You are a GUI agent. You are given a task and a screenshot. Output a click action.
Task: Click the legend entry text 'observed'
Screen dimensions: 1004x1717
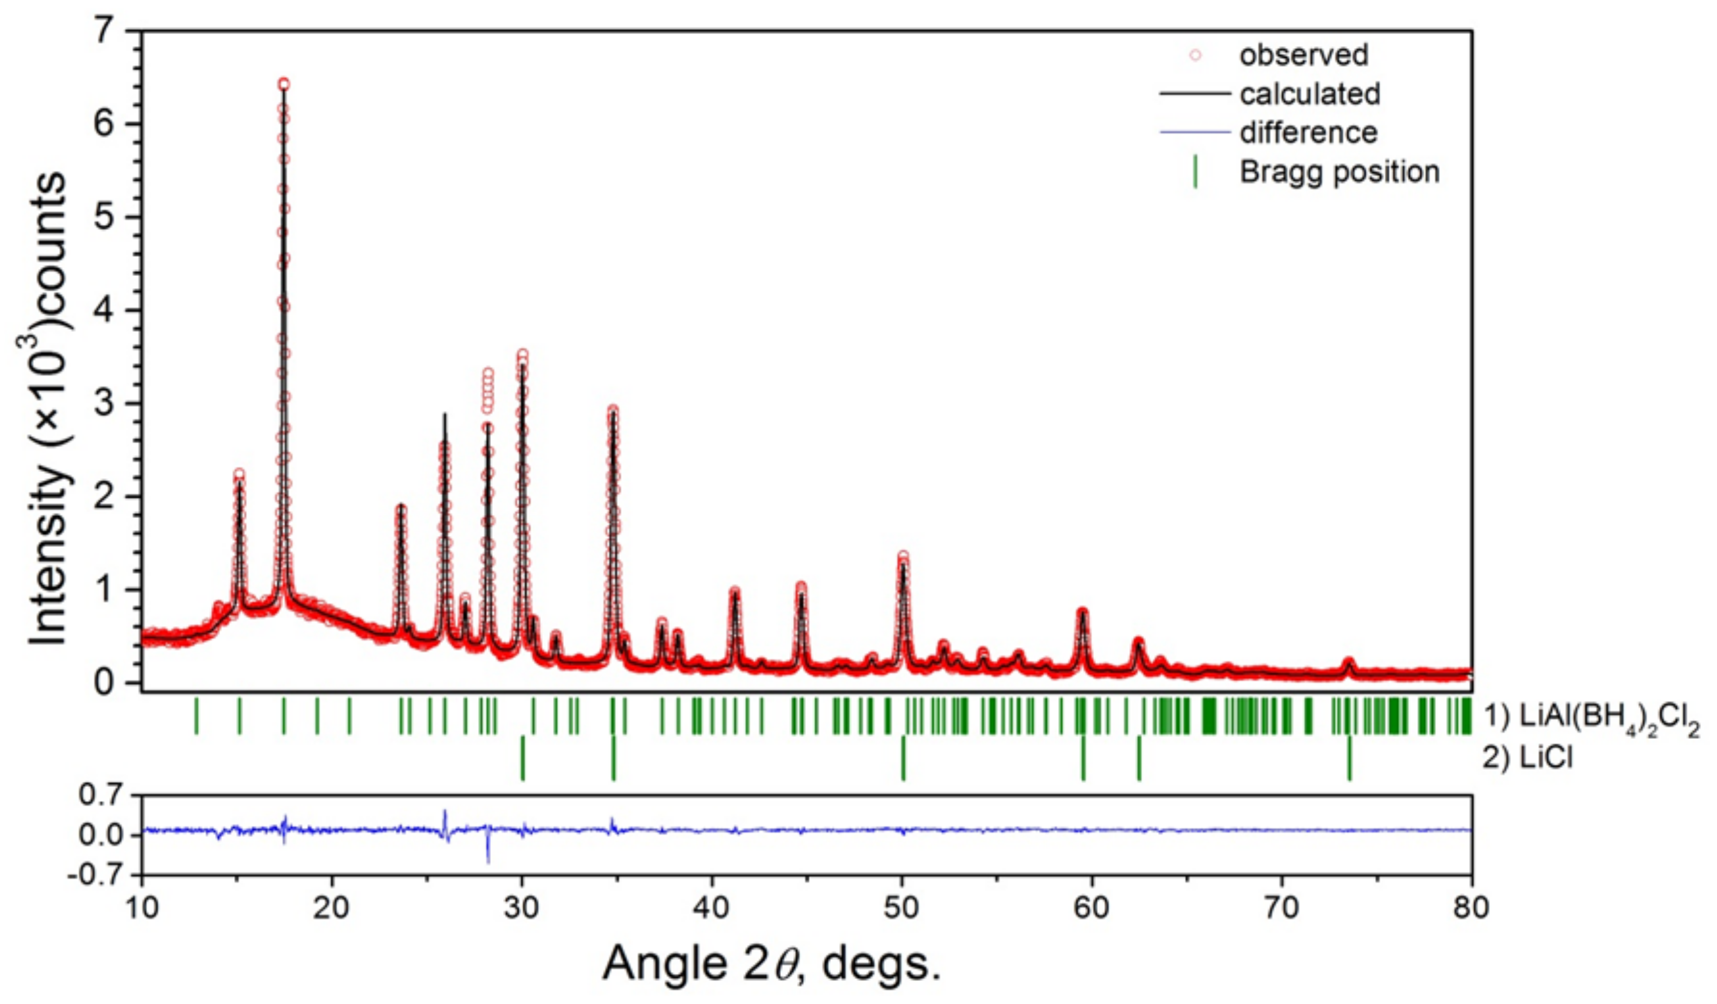(x=1303, y=55)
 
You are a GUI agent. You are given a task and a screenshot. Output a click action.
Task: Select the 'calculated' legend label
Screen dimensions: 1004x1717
(x=1310, y=94)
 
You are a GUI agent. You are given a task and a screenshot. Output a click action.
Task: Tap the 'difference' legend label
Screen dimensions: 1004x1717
(x=1308, y=132)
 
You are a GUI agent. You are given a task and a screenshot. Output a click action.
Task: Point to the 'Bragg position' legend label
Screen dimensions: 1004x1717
(x=1339, y=172)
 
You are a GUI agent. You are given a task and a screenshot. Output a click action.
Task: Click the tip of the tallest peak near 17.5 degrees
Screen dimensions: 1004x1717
(x=284, y=84)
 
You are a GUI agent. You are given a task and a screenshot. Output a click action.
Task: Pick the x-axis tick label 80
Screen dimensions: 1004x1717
(x=1471, y=908)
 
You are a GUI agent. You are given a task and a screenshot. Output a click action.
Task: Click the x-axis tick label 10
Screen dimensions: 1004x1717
(x=142, y=908)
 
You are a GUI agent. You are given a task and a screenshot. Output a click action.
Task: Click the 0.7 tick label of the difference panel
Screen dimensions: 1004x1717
(x=102, y=795)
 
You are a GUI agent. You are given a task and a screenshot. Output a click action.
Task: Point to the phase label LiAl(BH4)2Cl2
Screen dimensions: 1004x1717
(x=1591, y=718)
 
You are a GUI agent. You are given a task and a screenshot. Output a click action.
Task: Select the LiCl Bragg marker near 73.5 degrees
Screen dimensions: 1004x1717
(x=1349, y=758)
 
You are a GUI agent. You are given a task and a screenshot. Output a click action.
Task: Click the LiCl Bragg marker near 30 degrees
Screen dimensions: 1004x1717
(x=522, y=758)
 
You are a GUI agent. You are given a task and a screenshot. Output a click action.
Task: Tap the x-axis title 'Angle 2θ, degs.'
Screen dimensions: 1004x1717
(x=771, y=964)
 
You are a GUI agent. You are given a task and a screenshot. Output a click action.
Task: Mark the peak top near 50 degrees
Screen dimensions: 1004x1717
(x=903, y=556)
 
